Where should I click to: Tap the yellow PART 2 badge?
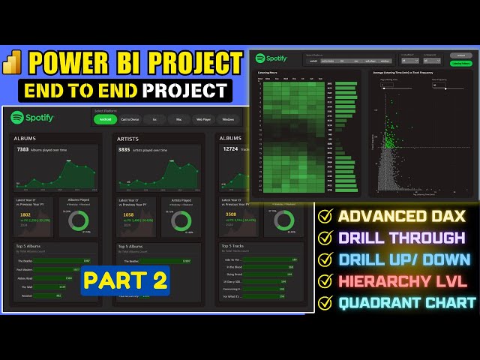point(125,280)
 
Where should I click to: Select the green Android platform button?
point(106,119)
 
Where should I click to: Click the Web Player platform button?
point(203,119)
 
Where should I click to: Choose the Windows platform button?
point(228,119)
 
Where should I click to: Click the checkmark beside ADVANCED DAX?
point(325,217)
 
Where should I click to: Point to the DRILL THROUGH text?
point(401,238)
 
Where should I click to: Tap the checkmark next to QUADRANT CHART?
point(325,304)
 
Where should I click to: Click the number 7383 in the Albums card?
point(22,150)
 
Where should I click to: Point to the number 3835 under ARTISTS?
point(124,150)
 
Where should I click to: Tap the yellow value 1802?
point(25,215)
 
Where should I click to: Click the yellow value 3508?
point(231,215)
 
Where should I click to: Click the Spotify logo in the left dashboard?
point(32,118)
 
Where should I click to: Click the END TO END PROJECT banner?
point(126,91)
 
